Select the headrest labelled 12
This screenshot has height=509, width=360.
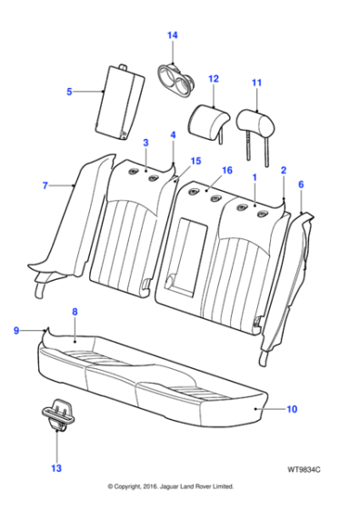click(x=208, y=119)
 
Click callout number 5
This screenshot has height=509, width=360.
click(x=69, y=92)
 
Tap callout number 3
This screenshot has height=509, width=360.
click(x=145, y=144)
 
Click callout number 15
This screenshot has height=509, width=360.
click(x=195, y=161)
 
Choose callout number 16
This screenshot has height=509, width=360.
click(x=228, y=170)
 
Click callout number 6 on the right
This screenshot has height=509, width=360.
click(x=301, y=185)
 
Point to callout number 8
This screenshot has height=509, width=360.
click(x=75, y=312)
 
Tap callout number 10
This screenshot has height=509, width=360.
click(x=292, y=409)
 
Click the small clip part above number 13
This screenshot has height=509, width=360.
click(x=57, y=414)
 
